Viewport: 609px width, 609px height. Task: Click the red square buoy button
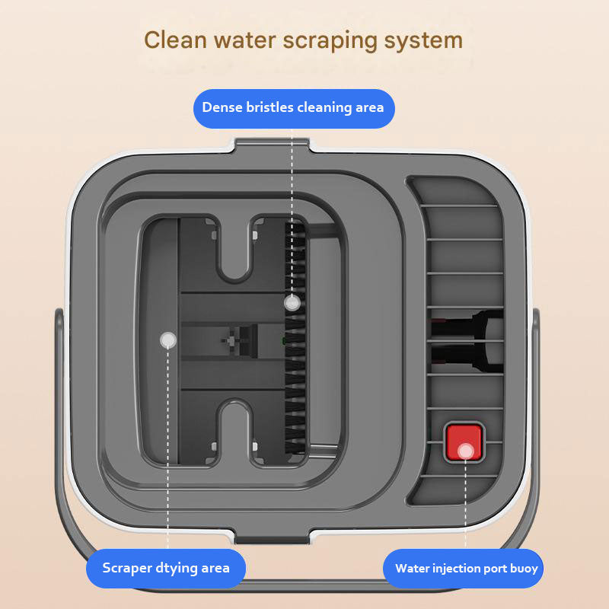(464, 442)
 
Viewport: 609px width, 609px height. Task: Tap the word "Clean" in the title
(175, 40)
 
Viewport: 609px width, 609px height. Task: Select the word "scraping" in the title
(330, 41)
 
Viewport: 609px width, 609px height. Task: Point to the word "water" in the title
(244, 40)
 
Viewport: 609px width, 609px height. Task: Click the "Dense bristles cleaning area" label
(294, 108)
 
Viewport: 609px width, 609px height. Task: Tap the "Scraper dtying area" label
(166, 568)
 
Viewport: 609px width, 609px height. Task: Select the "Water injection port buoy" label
(463, 568)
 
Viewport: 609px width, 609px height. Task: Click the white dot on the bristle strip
(292, 302)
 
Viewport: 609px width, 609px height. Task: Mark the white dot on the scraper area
(167, 340)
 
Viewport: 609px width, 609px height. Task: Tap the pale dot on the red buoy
(465, 451)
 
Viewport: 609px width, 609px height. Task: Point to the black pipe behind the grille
(467, 341)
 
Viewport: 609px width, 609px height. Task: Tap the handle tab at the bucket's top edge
(272, 145)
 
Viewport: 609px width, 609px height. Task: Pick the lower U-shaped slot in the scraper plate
(234, 432)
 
